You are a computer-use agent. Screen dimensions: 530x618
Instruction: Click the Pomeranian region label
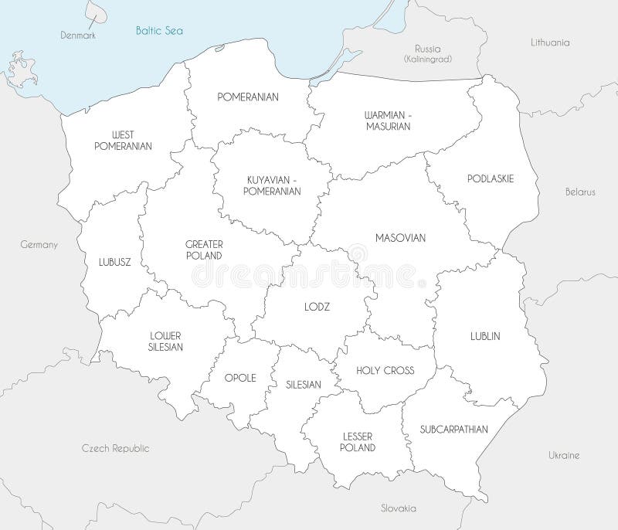point(248,97)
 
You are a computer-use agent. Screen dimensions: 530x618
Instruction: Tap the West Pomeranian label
point(123,140)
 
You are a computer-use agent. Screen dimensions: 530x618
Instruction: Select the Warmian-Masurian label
point(388,121)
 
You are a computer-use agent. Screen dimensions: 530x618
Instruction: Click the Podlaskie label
point(491,178)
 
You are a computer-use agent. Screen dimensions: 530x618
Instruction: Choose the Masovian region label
point(400,238)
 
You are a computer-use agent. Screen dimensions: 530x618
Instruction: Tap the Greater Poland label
point(204,250)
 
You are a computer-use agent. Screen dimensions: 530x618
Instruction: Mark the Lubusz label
point(115,261)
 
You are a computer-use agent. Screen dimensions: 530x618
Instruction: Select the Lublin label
point(485,336)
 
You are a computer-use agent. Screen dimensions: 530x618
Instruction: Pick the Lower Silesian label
point(165,341)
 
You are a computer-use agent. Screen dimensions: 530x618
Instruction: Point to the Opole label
point(239,378)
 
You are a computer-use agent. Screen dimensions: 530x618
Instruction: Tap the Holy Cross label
point(385,370)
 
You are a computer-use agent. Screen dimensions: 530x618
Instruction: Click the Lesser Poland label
point(358,442)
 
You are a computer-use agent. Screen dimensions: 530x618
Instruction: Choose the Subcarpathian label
point(454,429)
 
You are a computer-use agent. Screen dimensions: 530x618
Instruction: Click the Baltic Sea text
point(159,32)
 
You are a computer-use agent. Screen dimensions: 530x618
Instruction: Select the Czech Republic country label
point(116,448)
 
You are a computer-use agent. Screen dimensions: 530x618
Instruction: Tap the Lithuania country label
point(550,42)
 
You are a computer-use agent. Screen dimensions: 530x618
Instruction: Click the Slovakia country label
point(399,508)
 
